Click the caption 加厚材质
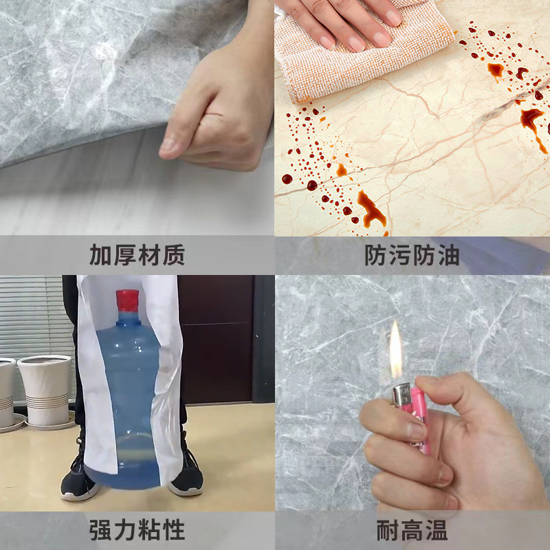click(x=137, y=255)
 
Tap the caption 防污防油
click(x=412, y=255)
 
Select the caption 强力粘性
click(x=137, y=529)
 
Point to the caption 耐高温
click(x=412, y=530)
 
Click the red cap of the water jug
click(x=127, y=300)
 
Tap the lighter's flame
click(x=396, y=351)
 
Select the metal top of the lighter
click(x=402, y=394)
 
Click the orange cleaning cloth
click(x=362, y=56)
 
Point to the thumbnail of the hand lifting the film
click(x=137, y=118)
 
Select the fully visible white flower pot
click(x=45, y=391)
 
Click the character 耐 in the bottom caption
click(x=388, y=530)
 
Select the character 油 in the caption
click(x=449, y=255)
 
